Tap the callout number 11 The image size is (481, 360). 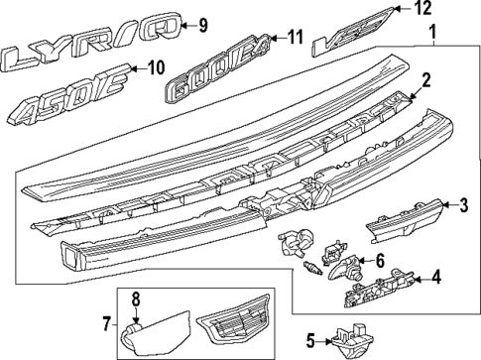pyautogui.click(x=295, y=38)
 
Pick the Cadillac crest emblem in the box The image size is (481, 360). pyautogui.click(x=236, y=325)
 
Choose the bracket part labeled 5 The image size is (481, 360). pyautogui.click(x=354, y=340)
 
